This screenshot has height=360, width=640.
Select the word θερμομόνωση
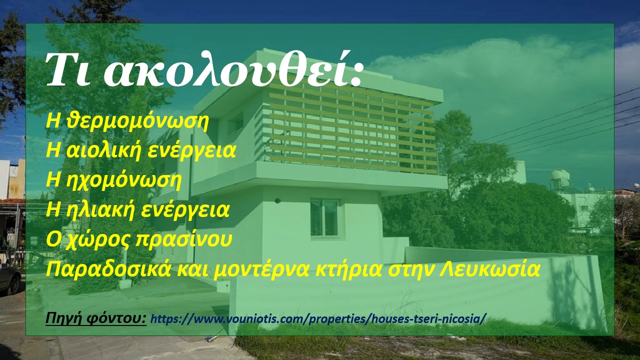[137, 121]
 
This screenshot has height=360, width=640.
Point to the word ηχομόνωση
[123, 180]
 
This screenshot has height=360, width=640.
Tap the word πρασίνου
[183, 239]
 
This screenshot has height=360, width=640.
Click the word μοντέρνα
[261, 269]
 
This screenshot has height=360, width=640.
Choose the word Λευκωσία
[489, 269]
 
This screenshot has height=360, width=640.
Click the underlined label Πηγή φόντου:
[96, 318]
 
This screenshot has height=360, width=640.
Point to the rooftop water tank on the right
[560, 177]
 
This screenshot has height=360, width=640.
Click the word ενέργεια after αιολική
[191, 151]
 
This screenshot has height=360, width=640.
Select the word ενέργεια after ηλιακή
[185, 210]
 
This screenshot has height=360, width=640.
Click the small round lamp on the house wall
[277, 200]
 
